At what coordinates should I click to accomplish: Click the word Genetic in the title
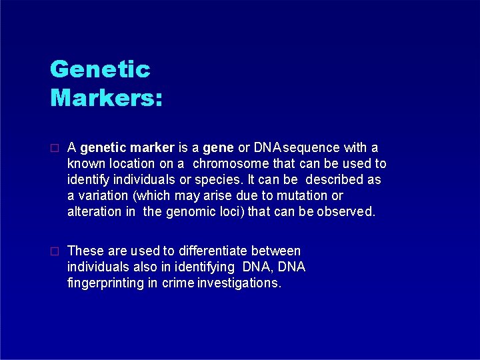pyautogui.click(x=101, y=69)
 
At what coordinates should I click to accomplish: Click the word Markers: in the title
pyautogui.click(x=107, y=98)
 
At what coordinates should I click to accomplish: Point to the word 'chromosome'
pyautogui.click(x=233, y=163)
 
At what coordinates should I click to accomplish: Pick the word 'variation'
pyautogui.click(x=103, y=195)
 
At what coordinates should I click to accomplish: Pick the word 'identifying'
pyautogui.click(x=203, y=267)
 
